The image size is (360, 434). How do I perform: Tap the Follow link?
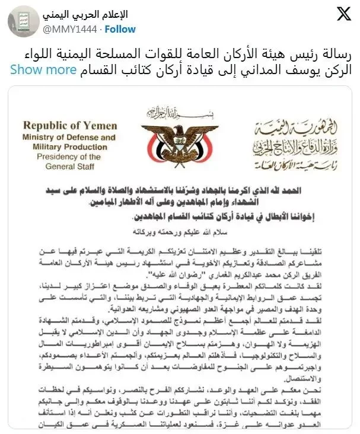click(x=122, y=28)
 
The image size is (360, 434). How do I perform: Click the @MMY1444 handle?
click(x=70, y=28)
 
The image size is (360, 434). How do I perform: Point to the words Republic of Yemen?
click(x=69, y=126)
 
